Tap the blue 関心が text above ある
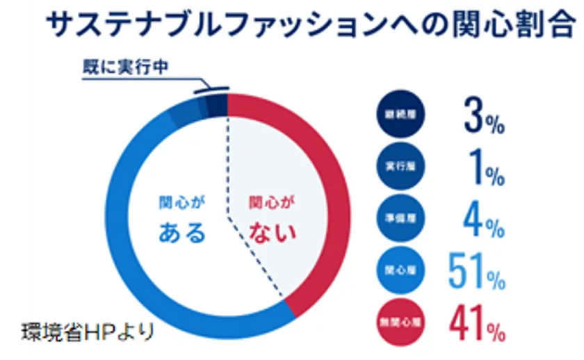[183, 204]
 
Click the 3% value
[483, 117]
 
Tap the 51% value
[476, 271]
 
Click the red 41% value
[476, 322]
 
